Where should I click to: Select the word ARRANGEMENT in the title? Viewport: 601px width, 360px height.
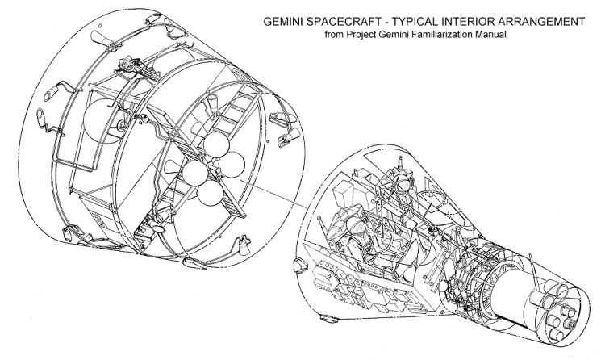click(x=548, y=22)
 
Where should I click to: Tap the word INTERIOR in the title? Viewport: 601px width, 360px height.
click(x=481, y=22)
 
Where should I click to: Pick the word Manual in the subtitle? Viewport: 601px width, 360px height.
click(x=491, y=35)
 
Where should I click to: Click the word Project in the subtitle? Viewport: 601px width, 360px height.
click(x=362, y=35)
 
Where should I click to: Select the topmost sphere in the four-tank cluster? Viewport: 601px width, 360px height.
click(x=216, y=144)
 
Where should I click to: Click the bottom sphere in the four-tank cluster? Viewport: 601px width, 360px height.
click(x=211, y=193)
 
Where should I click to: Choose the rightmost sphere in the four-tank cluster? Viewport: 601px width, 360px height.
click(x=232, y=165)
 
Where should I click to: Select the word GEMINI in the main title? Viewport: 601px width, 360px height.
click(x=282, y=22)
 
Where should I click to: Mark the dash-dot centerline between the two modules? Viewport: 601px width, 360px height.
click(x=273, y=193)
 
